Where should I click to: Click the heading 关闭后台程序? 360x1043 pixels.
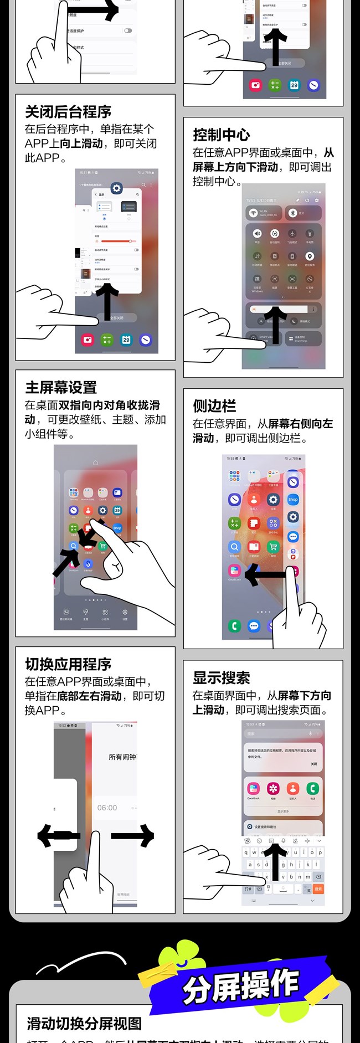point(68,112)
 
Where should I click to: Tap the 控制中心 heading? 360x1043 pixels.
point(221,135)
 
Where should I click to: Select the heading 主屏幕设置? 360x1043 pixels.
point(61,388)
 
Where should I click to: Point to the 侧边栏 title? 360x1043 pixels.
point(214,406)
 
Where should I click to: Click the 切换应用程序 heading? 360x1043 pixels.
point(68,664)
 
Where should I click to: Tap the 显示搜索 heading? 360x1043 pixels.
point(221,678)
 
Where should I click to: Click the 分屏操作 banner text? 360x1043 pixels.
point(240,987)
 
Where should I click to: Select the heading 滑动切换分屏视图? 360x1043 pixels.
point(84,1024)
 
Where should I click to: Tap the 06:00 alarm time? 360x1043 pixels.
point(107,808)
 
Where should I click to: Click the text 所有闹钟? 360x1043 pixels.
point(122,757)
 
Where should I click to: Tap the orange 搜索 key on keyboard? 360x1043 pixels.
point(318,888)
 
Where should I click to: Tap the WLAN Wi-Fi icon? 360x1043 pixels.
point(253,213)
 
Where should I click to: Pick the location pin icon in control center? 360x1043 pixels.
point(310,256)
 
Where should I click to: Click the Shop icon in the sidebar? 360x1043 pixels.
point(293,499)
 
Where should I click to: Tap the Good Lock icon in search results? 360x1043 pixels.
point(253,789)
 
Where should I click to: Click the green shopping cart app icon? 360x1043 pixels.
point(273,547)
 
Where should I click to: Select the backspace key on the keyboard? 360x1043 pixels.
point(318,876)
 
